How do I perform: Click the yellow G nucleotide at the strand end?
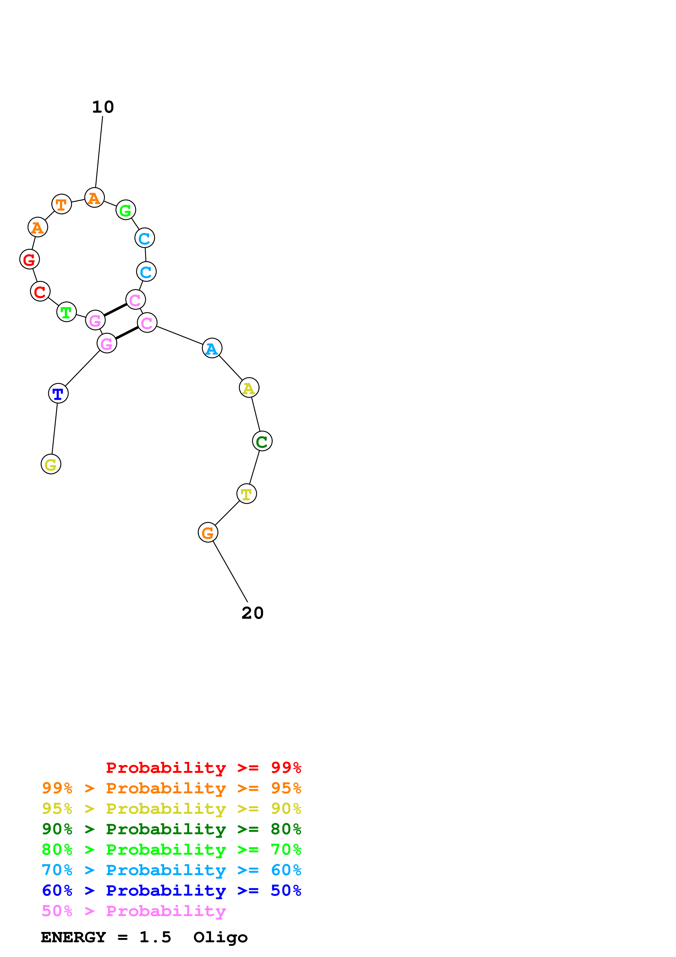(x=51, y=464)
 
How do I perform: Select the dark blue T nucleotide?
(x=58, y=393)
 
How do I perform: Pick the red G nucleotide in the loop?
(x=29, y=259)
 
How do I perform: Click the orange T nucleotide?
(x=62, y=204)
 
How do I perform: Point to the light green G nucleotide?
(x=126, y=210)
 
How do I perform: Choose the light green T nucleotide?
(x=67, y=312)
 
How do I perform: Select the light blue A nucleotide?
(x=212, y=348)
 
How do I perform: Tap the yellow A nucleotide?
(x=249, y=388)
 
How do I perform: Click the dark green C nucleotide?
(x=262, y=441)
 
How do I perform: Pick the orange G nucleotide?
(x=208, y=532)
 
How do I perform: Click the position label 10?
(x=103, y=107)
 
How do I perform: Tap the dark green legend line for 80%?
(x=171, y=829)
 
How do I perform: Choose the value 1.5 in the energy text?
(x=155, y=937)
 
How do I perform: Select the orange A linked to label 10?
(x=95, y=198)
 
